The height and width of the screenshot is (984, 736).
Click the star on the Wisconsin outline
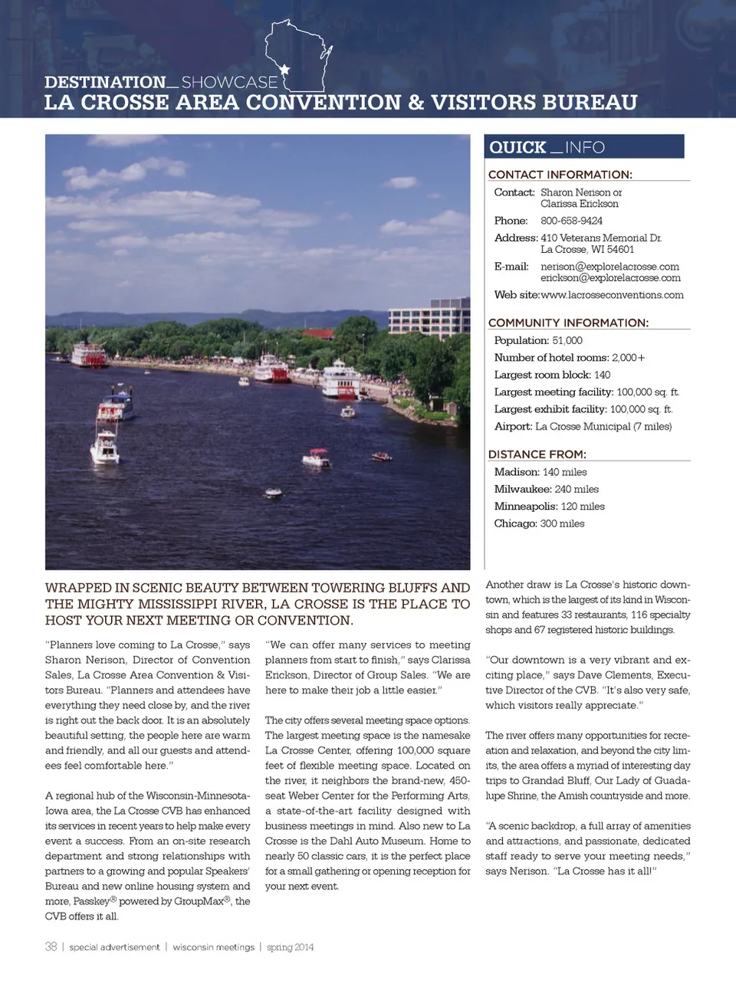[x=284, y=70]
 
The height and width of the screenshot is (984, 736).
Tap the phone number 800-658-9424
[x=571, y=221]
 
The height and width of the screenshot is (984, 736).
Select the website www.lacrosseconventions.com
[x=612, y=295]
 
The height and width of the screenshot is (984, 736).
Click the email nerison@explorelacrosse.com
[x=609, y=267]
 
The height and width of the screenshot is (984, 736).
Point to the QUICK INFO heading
[x=547, y=147]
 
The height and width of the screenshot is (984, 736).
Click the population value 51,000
[x=567, y=340]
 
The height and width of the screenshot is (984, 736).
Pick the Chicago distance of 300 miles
[x=562, y=523]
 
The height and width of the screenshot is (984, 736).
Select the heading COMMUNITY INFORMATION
[x=568, y=323]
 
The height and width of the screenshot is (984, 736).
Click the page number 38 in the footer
[x=51, y=947]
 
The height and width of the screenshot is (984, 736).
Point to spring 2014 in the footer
[x=290, y=947]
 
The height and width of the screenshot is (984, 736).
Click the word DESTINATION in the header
[x=105, y=82]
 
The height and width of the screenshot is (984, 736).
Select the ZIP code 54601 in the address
[x=620, y=249]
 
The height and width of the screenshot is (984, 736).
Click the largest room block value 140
[x=602, y=375]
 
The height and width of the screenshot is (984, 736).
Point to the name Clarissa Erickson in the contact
[x=579, y=204]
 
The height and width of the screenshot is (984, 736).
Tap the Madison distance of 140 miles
[x=564, y=472]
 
